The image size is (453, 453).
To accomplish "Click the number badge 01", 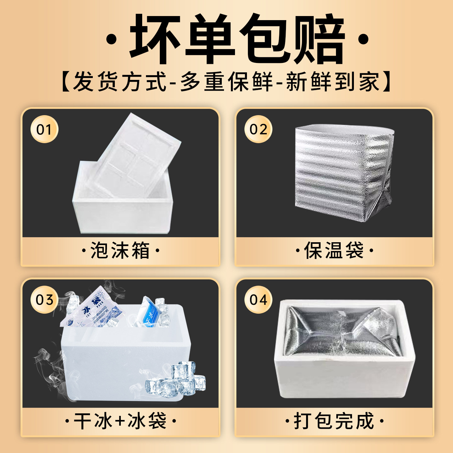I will coord(44,129).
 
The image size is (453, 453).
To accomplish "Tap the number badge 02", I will coord(258,129).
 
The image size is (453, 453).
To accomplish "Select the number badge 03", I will coord(44,299).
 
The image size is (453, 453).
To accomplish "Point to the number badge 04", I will coord(258,299).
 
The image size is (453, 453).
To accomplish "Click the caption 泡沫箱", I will coord(120,251).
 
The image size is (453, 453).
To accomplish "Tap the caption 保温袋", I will coord(334,251).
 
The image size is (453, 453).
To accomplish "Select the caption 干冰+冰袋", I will coord(120,421).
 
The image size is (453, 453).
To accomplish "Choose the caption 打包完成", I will coord(334,421).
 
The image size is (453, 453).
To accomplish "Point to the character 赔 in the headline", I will coord(318,39).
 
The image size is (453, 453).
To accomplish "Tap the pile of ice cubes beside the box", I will coord(179,381).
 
